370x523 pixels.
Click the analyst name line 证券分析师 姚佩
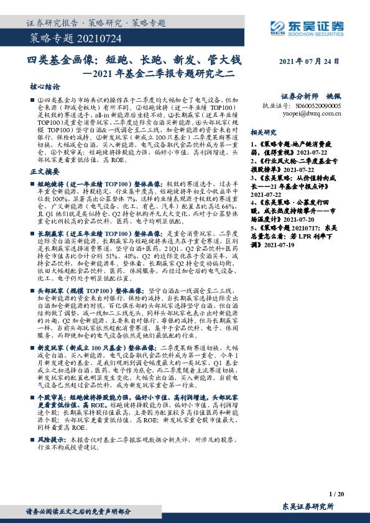[309, 98]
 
